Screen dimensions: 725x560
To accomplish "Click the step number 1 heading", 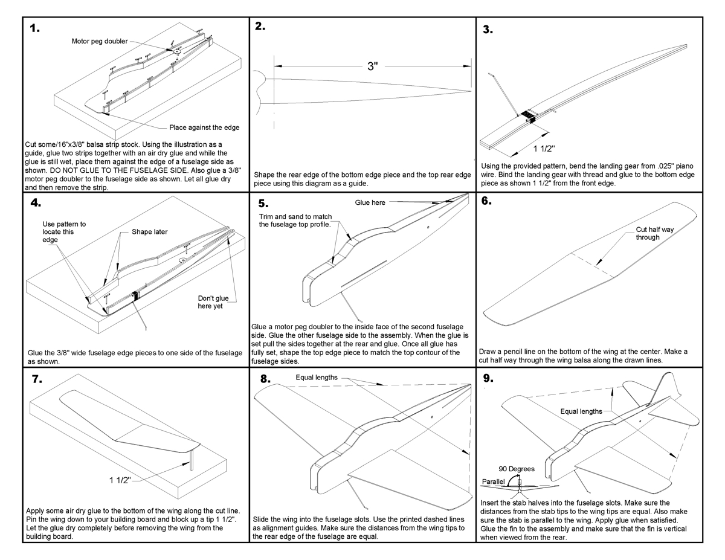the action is [35, 28].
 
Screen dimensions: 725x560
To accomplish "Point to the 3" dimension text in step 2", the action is [373, 66].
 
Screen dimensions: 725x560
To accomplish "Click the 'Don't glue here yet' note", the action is [210, 301].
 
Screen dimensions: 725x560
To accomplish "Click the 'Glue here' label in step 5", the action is [369, 203].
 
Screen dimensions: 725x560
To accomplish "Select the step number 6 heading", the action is [487, 202].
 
